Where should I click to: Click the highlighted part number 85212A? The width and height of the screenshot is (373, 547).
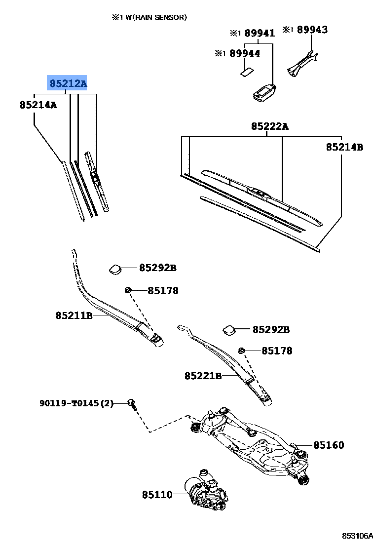[x=67, y=83]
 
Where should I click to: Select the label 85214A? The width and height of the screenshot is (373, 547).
[x=38, y=105]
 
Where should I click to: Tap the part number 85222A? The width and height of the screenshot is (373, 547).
[x=269, y=126]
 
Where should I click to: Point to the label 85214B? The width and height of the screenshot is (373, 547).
[x=344, y=147]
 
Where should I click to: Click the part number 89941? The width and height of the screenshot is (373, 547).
[x=259, y=33]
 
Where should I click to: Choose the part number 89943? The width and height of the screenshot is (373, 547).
[x=311, y=30]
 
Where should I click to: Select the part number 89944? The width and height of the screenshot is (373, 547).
[x=245, y=53]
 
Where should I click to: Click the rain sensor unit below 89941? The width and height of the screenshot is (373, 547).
[x=263, y=92]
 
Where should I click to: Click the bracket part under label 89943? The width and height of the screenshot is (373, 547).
[x=300, y=63]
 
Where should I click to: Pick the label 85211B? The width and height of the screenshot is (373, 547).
[x=74, y=315]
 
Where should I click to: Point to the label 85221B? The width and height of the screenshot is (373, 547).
[x=203, y=376]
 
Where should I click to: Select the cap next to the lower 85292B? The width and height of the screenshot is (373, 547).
[x=229, y=329]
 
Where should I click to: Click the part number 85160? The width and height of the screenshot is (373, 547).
[x=329, y=445]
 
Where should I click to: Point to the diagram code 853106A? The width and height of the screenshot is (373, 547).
[x=358, y=536]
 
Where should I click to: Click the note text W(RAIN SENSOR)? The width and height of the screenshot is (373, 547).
[x=153, y=17]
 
